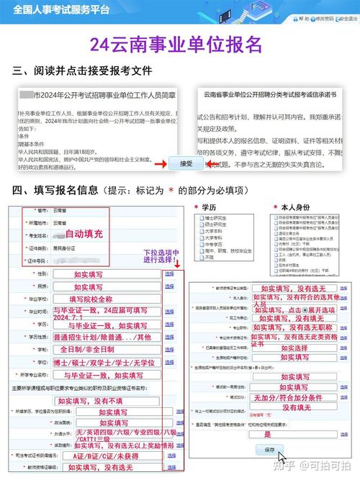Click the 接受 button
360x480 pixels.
tap(185, 163)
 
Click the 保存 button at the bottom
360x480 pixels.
tap(270, 449)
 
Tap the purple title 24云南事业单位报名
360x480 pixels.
tap(176, 45)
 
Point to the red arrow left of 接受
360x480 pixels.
tap(159, 164)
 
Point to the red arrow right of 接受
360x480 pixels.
tap(212, 164)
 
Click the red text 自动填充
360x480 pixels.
tap(84, 234)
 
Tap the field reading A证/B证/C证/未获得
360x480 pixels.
tap(105, 456)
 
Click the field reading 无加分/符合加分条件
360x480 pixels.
tap(288, 397)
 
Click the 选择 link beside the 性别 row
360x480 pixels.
tap(170, 274)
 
